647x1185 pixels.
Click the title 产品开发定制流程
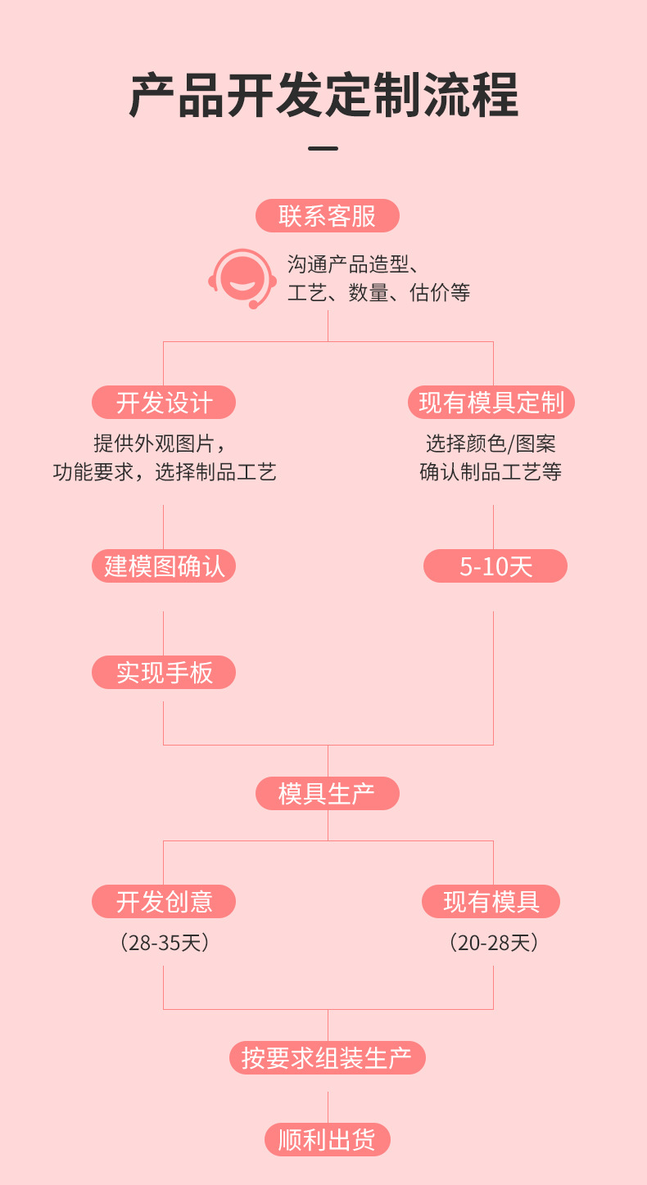click(323, 96)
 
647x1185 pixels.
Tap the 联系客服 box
click(327, 216)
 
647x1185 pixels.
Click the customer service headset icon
click(242, 278)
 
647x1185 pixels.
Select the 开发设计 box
click(164, 403)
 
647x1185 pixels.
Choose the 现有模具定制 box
click(491, 403)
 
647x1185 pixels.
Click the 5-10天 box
click(495, 566)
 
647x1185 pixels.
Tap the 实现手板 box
click(164, 673)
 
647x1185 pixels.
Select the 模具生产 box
click(327, 794)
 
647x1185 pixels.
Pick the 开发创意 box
click(164, 902)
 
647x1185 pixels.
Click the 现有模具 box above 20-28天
click(491, 902)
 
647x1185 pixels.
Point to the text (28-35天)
click(165, 943)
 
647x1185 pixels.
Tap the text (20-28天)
click(494, 943)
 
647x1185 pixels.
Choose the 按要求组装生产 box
click(327, 1058)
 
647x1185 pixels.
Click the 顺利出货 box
click(327, 1140)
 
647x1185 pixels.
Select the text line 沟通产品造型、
click(354, 264)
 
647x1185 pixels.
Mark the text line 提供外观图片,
click(159, 444)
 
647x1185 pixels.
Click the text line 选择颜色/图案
click(491, 444)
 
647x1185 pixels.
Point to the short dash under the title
click(323, 149)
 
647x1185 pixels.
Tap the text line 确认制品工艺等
click(491, 472)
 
